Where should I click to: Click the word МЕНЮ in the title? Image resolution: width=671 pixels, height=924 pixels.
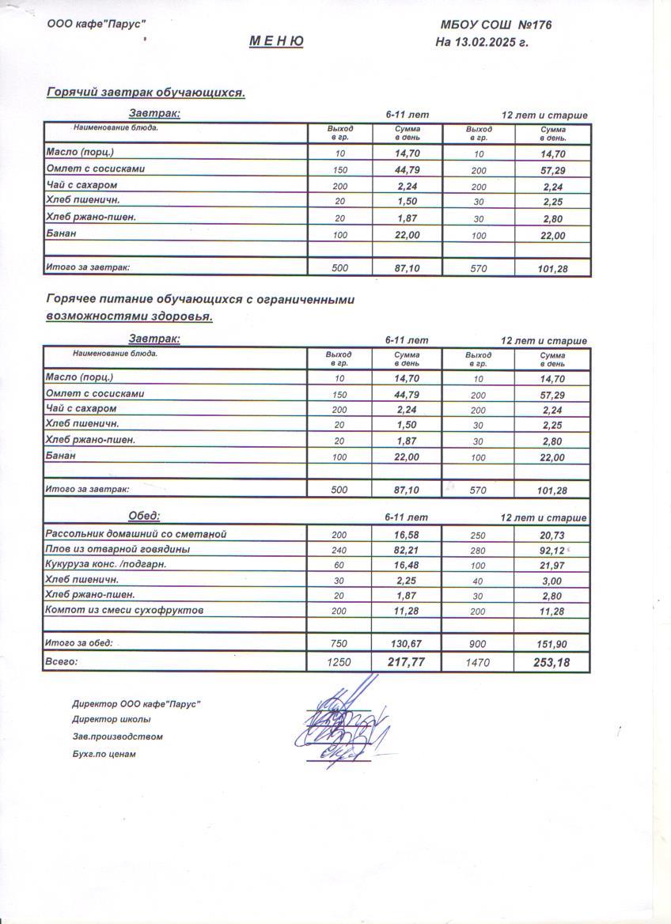276,42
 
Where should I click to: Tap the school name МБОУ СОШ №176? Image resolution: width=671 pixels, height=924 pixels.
496,25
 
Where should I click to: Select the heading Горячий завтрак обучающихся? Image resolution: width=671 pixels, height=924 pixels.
146,93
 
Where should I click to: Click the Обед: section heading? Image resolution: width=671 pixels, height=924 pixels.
144,516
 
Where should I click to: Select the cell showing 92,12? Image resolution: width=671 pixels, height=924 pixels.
552,550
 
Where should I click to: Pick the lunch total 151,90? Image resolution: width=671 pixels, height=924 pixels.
552,644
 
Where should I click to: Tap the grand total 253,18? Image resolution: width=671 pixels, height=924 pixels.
552,662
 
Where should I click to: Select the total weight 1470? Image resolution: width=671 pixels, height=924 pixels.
478,662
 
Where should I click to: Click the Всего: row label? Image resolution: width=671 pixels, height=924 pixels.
62,661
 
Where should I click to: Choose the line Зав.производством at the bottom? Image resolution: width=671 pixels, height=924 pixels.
117,737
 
